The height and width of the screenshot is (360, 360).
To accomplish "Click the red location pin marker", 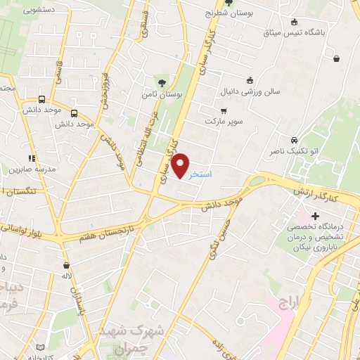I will pos(181,165).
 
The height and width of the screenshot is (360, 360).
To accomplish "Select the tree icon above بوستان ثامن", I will pos(163,82).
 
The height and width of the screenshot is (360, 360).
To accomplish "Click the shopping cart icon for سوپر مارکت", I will pos(224,111).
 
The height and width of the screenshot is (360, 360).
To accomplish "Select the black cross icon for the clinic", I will pos(315,216).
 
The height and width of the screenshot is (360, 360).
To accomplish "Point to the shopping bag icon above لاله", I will pos(66,265).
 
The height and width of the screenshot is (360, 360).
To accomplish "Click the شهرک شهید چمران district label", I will pos(134,335).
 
